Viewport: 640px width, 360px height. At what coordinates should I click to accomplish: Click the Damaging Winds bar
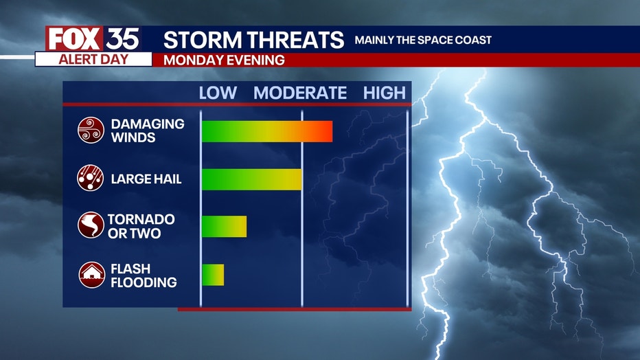pyautogui.click(x=267, y=131)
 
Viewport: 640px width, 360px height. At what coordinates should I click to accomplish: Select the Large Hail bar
pyautogui.click(x=252, y=179)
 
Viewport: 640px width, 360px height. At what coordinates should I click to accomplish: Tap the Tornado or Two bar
pyautogui.click(x=224, y=227)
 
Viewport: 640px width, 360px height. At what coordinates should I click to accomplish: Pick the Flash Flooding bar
pyautogui.click(x=213, y=275)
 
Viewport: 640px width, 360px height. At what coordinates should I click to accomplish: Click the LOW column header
pyautogui.click(x=218, y=93)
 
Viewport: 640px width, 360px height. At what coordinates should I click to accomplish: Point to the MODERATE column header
pyautogui.click(x=300, y=93)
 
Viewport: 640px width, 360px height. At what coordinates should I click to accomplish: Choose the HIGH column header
pyautogui.click(x=385, y=93)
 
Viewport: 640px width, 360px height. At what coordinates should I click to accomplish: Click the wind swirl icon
pyautogui.click(x=91, y=131)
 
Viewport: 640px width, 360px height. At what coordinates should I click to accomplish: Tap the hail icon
pyautogui.click(x=90, y=178)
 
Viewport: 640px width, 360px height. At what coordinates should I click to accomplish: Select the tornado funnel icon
pyautogui.click(x=91, y=225)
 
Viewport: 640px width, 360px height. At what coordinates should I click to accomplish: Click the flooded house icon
pyautogui.click(x=92, y=275)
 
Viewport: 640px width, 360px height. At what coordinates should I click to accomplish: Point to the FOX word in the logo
pyautogui.click(x=74, y=39)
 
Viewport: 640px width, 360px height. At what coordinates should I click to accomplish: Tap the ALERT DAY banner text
pyautogui.click(x=93, y=60)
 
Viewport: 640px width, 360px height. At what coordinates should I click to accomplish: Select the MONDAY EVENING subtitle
pyautogui.click(x=224, y=60)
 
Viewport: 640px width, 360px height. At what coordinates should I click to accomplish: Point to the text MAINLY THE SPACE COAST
pyautogui.click(x=423, y=40)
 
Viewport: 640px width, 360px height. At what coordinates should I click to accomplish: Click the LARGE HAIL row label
pyautogui.click(x=146, y=179)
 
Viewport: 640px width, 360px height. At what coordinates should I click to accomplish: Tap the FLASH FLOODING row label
pyautogui.click(x=144, y=275)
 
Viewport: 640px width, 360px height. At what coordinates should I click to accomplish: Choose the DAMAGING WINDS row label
pyautogui.click(x=148, y=131)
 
